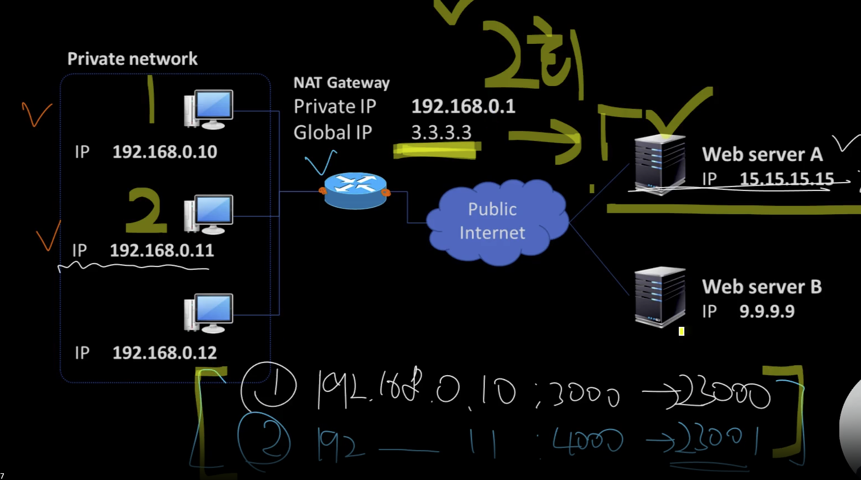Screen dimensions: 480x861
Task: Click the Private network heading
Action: pyautogui.click(x=132, y=59)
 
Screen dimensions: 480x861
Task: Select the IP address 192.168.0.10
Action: pyautogui.click(x=164, y=152)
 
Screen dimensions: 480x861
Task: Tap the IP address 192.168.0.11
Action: pyautogui.click(x=162, y=251)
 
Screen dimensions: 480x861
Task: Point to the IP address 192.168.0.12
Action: pyautogui.click(x=164, y=353)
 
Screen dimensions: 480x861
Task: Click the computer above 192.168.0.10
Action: pyautogui.click(x=209, y=109)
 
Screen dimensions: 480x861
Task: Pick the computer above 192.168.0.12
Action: pyautogui.click(x=209, y=313)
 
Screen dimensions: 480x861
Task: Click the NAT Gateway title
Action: pyautogui.click(x=341, y=83)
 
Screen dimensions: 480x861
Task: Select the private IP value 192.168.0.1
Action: pyautogui.click(x=463, y=107)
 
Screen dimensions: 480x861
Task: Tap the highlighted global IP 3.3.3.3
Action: pyautogui.click(x=441, y=133)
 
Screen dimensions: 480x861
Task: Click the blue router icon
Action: pyautogui.click(x=356, y=190)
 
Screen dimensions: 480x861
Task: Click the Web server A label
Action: pyautogui.click(x=762, y=154)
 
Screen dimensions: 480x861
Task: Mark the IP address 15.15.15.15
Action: pyautogui.click(x=787, y=179)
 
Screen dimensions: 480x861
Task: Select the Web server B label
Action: pyautogui.click(x=762, y=287)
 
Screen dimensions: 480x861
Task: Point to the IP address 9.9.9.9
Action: pyautogui.click(x=767, y=311)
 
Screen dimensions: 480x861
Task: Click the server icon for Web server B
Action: pyautogui.click(x=660, y=297)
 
